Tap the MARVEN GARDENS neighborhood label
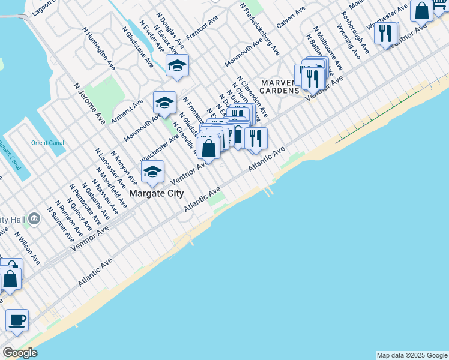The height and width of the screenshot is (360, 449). (279, 86)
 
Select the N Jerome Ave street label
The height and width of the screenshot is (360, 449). (89, 104)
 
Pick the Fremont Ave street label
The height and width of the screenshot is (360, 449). (202, 29)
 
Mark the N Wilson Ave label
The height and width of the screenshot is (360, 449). (28, 248)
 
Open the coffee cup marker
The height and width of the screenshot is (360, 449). (17, 320)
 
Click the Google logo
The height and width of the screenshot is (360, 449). (20, 353)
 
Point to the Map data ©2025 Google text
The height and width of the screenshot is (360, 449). (412, 355)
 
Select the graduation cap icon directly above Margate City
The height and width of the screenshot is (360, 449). (153, 173)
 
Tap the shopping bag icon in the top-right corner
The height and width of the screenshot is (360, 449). (422, 11)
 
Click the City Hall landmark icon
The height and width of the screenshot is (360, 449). (35, 218)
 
